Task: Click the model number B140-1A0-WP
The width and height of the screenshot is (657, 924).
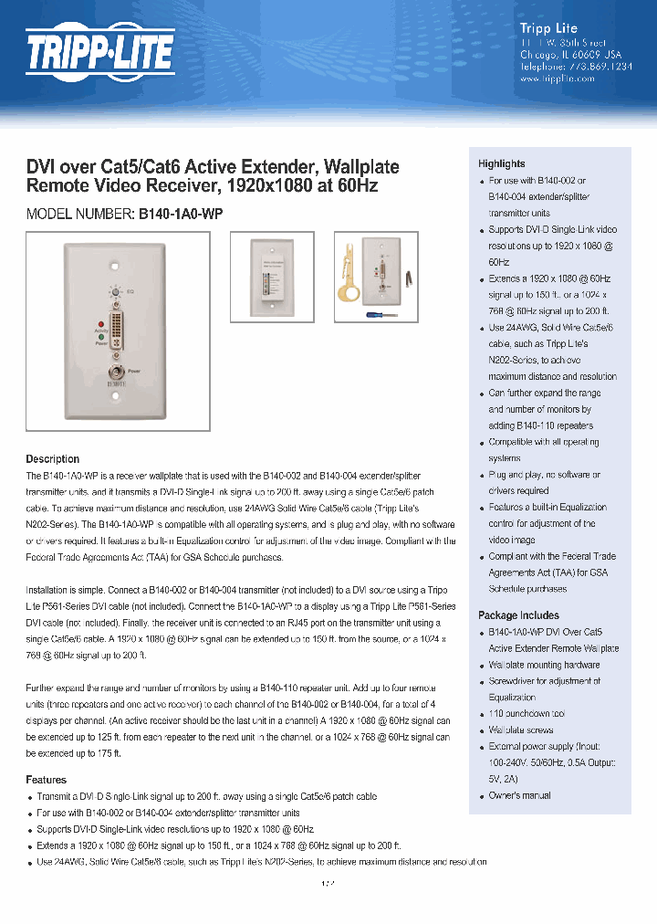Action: click(x=181, y=214)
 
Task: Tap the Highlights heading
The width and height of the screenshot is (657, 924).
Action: click(x=502, y=163)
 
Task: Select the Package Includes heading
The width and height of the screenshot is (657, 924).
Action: click(x=518, y=615)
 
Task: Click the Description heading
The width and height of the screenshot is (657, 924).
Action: click(x=53, y=459)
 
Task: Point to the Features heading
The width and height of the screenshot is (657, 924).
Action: click(x=47, y=780)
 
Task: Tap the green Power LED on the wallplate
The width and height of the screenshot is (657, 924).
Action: click(x=101, y=337)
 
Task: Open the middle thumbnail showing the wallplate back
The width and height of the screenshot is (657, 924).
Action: click(x=271, y=277)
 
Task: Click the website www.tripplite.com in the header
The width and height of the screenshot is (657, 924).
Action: click(x=557, y=79)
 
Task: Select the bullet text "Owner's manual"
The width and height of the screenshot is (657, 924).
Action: click(x=519, y=795)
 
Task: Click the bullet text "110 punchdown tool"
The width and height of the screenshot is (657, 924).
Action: click(x=527, y=714)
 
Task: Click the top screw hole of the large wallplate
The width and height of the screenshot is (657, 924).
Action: click(x=115, y=268)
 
